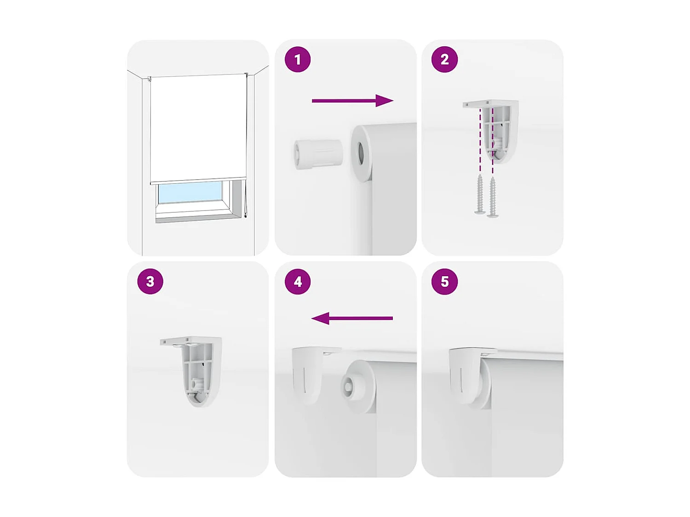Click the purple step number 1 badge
click(x=298, y=59)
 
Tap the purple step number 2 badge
click(x=444, y=59)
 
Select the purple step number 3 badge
click(x=150, y=281)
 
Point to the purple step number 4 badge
click(x=298, y=281)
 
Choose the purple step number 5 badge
click(x=444, y=281)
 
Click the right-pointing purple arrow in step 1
click(x=352, y=101)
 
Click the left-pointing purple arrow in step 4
click(x=352, y=318)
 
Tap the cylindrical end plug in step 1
click(x=318, y=154)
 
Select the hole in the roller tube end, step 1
click(x=360, y=153)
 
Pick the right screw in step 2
click(x=493, y=197)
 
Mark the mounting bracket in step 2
click(x=499, y=129)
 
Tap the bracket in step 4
click(x=308, y=373)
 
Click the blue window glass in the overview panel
click(x=190, y=192)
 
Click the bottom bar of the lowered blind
click(x=198, y=181)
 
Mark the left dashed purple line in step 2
click(x=480, y=140)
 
